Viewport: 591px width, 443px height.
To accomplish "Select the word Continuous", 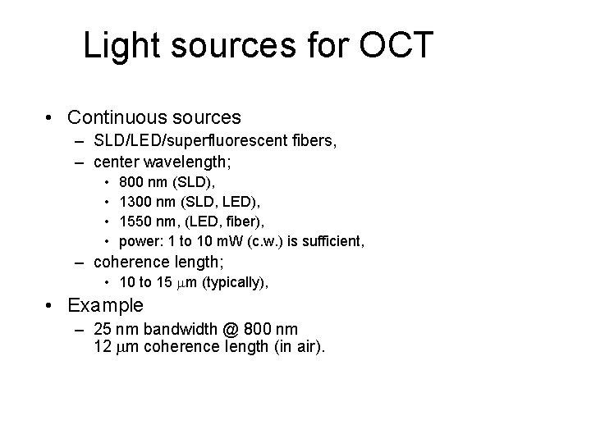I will [x=122, y=118].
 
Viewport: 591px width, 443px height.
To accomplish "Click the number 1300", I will [x=136, y=200].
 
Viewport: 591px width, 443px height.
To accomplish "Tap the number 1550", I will [x=136, y=221].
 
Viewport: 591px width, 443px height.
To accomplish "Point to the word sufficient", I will [x=332, y=241].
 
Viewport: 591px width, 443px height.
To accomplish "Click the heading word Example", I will [x=106, y=305].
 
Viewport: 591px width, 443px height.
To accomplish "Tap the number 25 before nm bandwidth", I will [x=103, y=329].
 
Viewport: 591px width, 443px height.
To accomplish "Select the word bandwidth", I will [x=174, y=329].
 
